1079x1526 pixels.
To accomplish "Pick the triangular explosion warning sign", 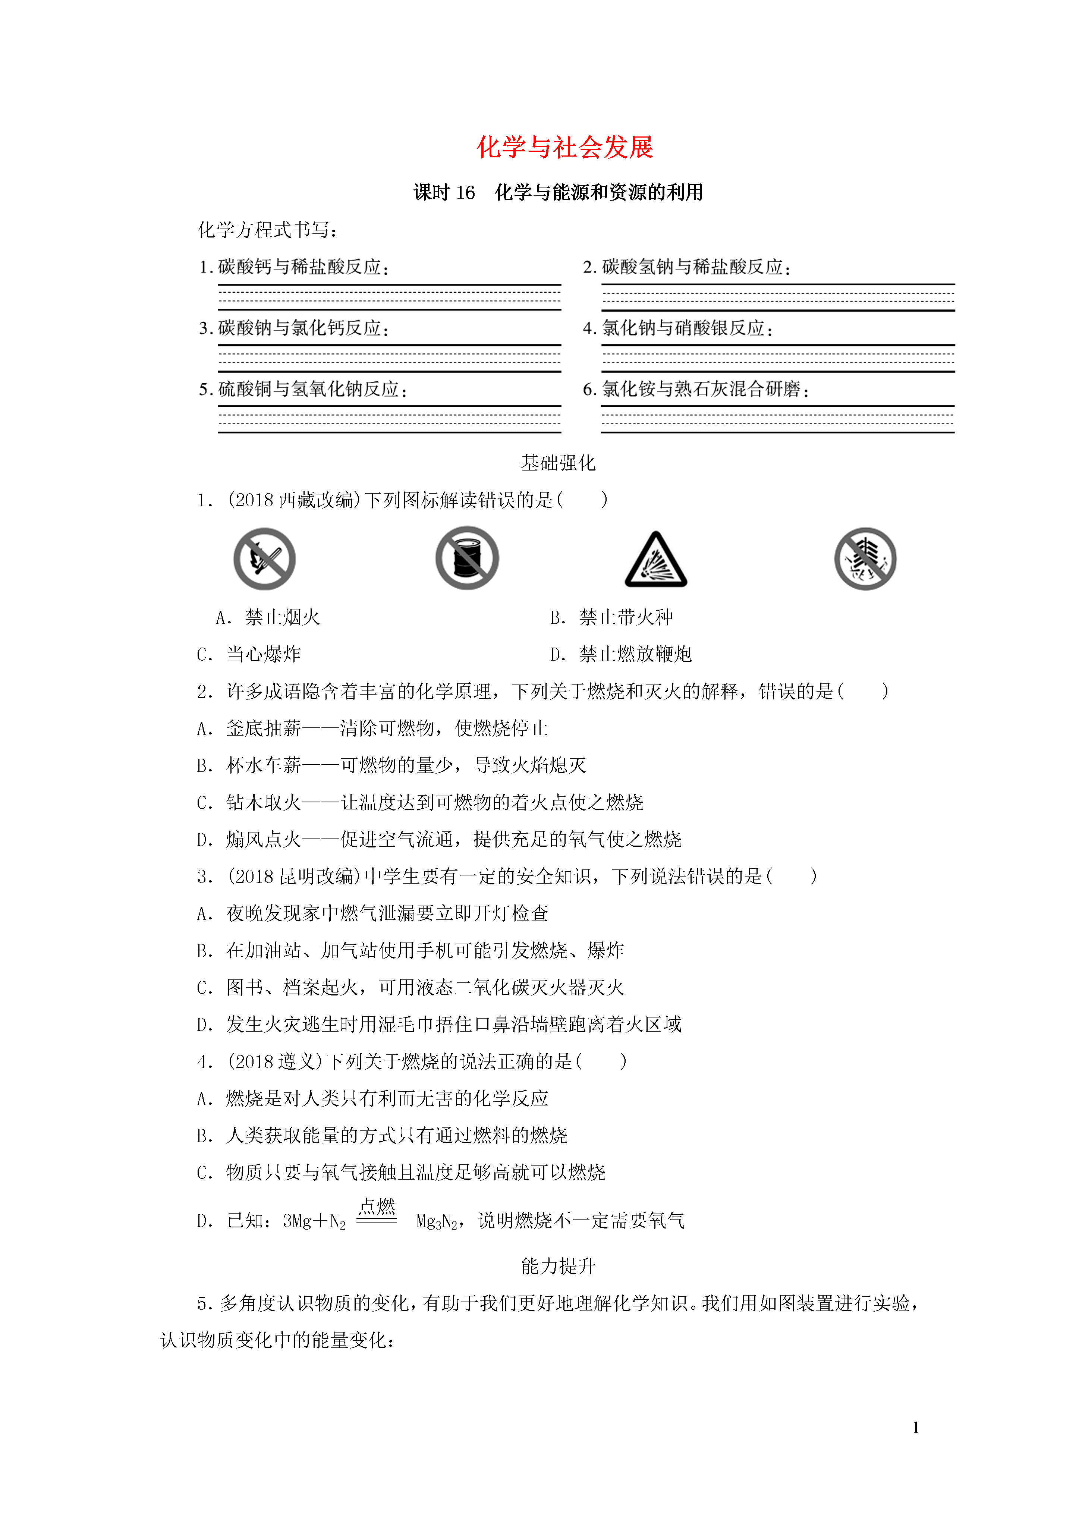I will click(655, 560).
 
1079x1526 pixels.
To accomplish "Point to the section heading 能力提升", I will click(558, 1266).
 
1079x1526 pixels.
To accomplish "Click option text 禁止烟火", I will click(283, 617).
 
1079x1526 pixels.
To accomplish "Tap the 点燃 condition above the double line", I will click(377, 1206).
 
